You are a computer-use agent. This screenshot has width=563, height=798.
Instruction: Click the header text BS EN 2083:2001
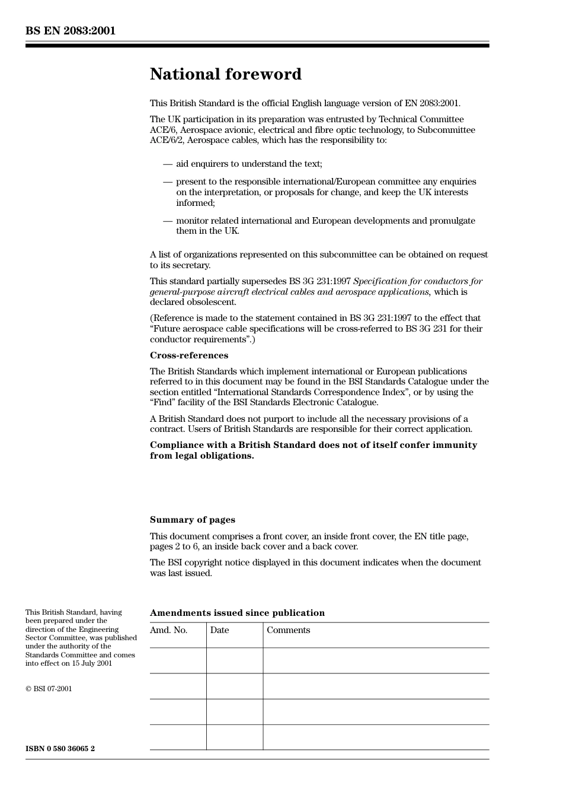[x=70, y=31]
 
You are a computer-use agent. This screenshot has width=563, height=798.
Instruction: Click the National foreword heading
[x=225, y=74]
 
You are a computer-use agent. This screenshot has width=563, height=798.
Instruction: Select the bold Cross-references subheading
[x=188, y=355]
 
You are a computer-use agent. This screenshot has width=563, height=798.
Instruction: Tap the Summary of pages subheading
[x=192, y=520]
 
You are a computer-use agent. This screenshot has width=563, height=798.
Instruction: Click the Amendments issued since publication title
[x=237, y=613]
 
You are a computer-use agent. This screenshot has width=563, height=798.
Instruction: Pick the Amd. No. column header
[x=168, y=630]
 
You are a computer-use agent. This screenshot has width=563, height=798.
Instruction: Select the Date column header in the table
[x=219, y=630]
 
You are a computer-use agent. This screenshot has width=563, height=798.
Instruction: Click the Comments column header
[x=288, y=630]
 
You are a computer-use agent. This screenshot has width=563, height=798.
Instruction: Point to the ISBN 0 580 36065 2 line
[x=60, y=749]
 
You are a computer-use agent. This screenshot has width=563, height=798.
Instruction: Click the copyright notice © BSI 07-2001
[x=49, y=689]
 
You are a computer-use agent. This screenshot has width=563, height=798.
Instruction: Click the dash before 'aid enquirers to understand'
[x=168, y=164]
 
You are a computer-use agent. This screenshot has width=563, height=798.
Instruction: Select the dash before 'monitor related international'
[x=168, y=221]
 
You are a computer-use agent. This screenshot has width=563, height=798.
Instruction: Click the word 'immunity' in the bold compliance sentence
[x=456, y=445]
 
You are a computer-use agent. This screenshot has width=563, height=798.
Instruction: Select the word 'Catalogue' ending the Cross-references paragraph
[x=357, y=402]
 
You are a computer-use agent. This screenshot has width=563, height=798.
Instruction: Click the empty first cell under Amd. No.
[x=178, y=660]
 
